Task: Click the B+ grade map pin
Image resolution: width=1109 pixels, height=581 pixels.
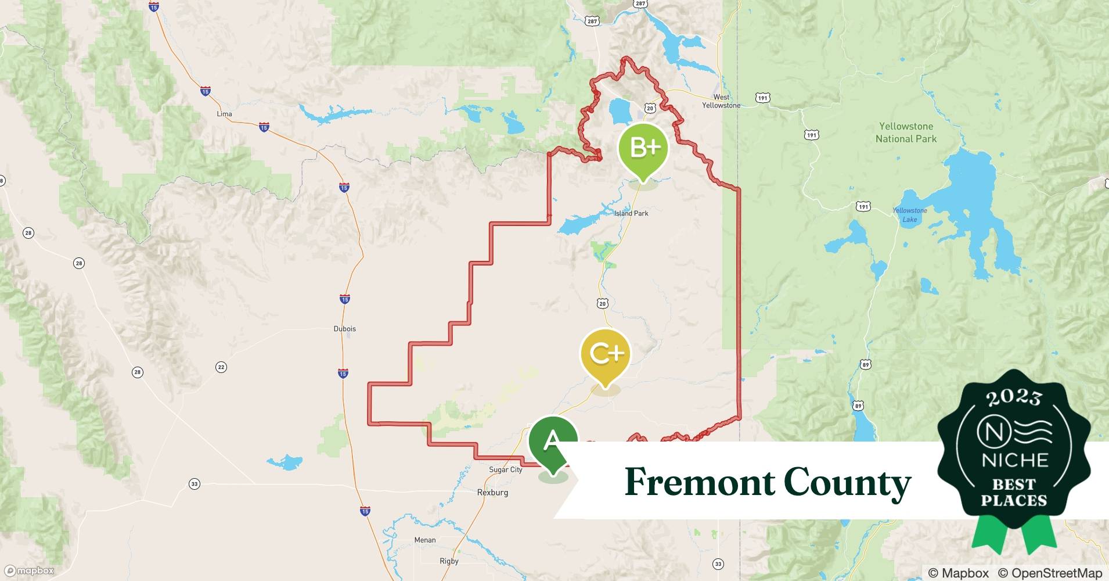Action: pos(643,149)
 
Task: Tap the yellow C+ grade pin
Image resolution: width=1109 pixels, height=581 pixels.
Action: pos(605,354)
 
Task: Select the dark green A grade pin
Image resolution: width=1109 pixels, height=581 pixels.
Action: pos(552,443)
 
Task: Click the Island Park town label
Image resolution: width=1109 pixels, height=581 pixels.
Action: pos(631,213)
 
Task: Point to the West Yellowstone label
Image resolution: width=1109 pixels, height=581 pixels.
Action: pos(721,101)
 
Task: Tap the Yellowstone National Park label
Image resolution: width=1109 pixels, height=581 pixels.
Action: pos(906,132)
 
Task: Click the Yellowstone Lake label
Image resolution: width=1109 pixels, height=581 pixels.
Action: pos(910,215)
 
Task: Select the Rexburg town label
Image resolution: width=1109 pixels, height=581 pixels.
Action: pos(492,492)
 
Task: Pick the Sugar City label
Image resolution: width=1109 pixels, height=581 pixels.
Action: pos(506,469)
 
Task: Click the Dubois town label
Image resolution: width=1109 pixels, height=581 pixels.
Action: pos(344,328)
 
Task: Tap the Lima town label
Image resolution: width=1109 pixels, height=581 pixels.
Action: pos(224,113)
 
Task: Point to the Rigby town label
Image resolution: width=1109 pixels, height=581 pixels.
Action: pos(449,561)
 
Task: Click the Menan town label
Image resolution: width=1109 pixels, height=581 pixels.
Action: pos(424,540)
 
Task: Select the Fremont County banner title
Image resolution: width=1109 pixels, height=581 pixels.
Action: pos(768,482)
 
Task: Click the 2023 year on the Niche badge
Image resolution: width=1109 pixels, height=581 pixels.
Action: pos(1014,398)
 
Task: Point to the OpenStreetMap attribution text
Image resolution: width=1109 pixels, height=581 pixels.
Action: pos(1050,573)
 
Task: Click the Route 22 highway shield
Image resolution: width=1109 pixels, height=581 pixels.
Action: pos(221,367)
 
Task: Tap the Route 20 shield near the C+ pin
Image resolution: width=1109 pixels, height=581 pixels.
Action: pos(602,303)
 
